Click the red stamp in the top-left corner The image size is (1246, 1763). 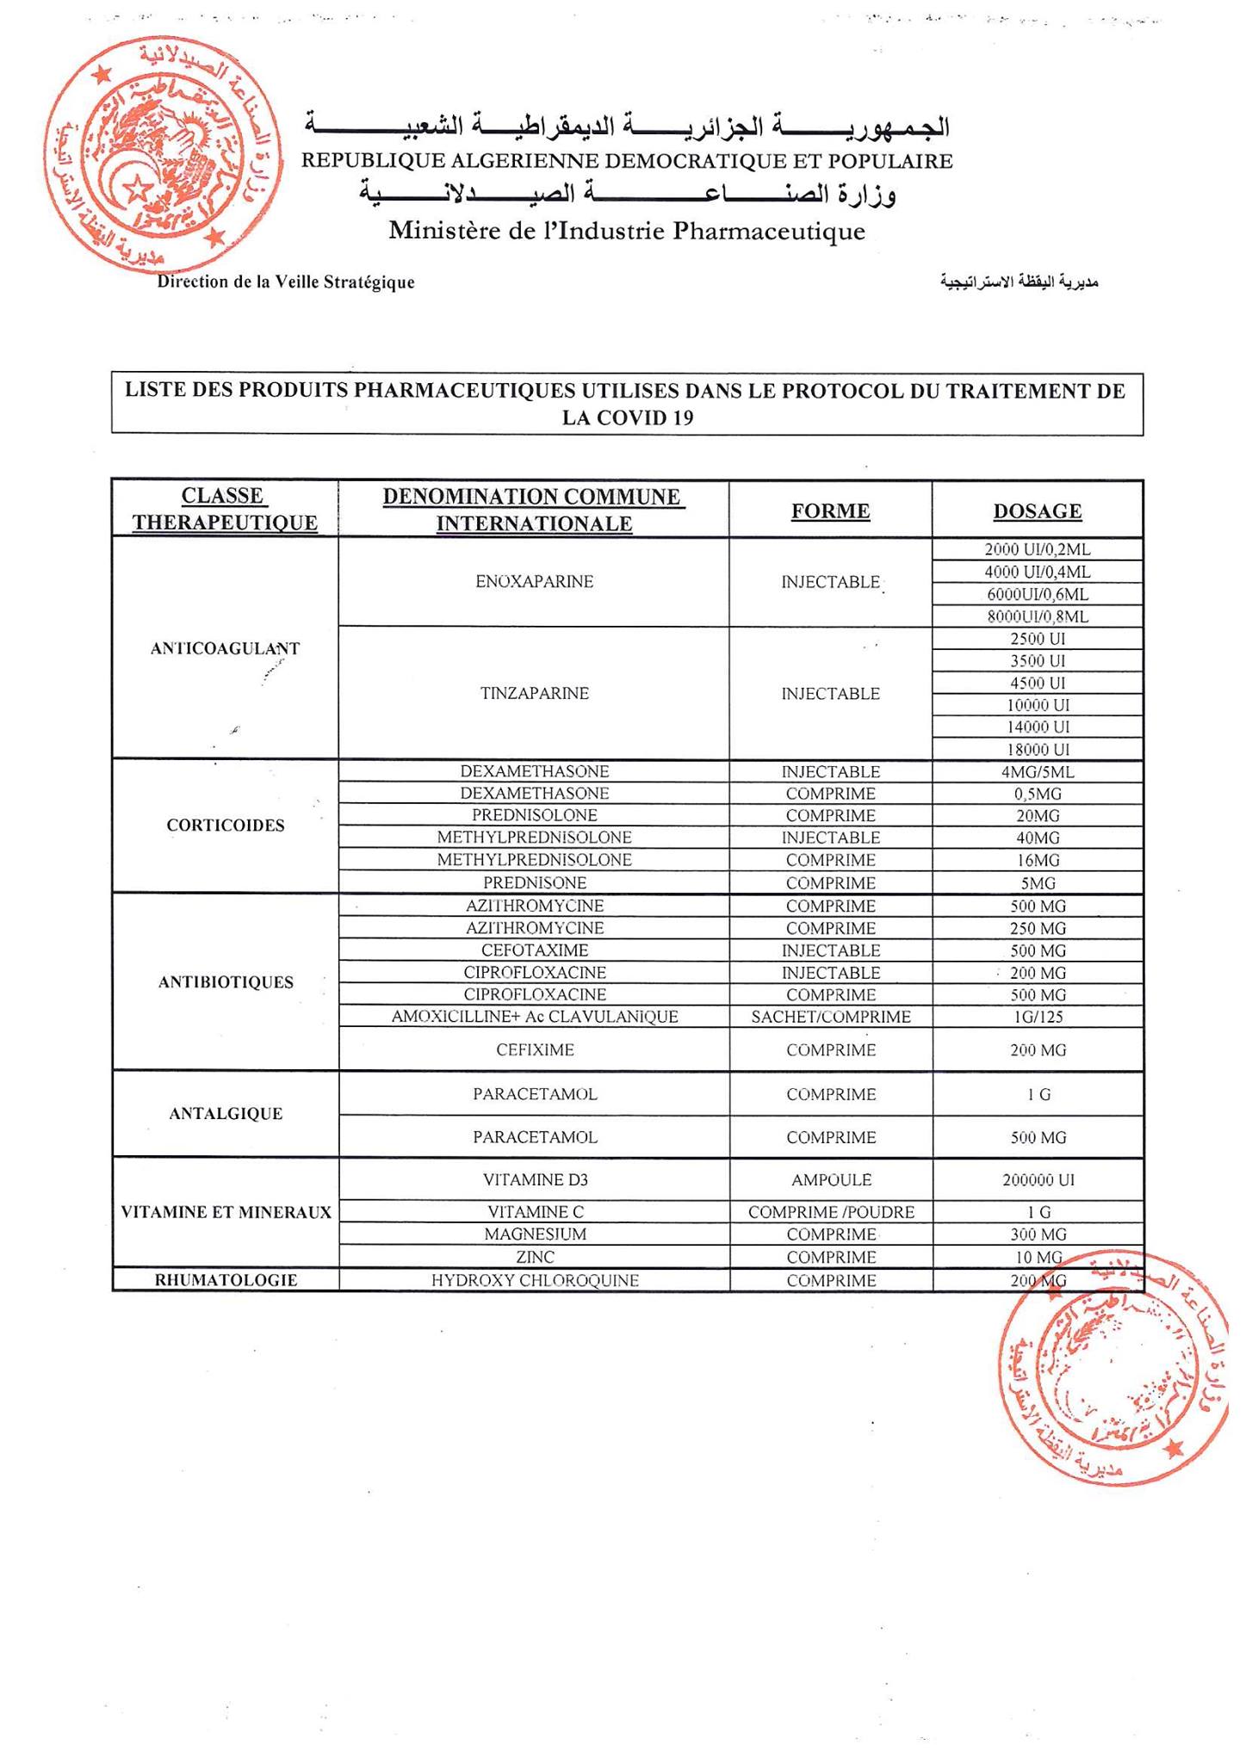pyautogui.click(x=164, y=155)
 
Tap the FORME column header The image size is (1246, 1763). pyautogui.click(x=830, y=511)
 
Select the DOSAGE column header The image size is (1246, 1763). pyautogui.click(x=1037, y=511)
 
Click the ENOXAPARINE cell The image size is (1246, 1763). pyautogui.click(x=534, y=582)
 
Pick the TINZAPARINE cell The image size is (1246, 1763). pyautogui.click(x=534, y=694)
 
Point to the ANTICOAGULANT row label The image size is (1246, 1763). pyautogui.click(x=225, y=649)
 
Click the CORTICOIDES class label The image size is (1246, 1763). pyautogui.click(x=225, y=826)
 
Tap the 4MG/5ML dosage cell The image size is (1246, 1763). pyautogui.click(x=1038, y=772)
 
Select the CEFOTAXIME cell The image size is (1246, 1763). pyautogui.click(x=534, y=950)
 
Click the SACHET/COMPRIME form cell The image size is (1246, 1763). pyautogui.click(x=830, y=1017)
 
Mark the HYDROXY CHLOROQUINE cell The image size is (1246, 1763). pyautogui.click(x=534, y=1281)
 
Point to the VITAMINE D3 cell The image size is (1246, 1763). pyautogui.click(x=534, y=1180)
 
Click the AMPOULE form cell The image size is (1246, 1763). pyautogui.click(x=830, y=1180)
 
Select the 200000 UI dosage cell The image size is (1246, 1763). pyautogui.click(x=1038, y=1180)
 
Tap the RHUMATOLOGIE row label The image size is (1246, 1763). pyautogui.click(x=225, y=1281)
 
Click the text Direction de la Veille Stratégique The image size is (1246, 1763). pyautogui.click(x=285, y=282)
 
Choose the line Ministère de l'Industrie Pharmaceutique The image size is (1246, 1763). pyautogui.click(x=626, y=232)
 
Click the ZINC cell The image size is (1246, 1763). pyautogui.click(x=534, y=1258)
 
